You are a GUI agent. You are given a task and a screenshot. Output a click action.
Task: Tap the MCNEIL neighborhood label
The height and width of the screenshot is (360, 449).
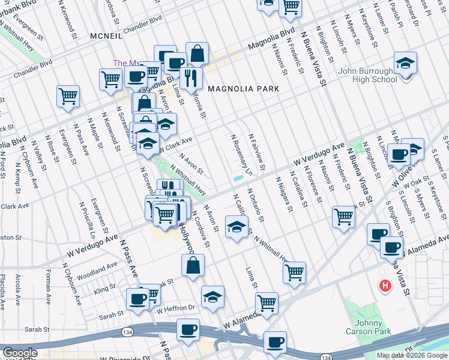click(106, 36)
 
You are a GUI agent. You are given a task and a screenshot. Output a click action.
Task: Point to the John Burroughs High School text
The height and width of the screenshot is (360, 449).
click(359, 75)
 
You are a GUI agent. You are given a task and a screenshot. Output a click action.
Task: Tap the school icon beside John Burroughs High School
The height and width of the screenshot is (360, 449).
click(405, 63)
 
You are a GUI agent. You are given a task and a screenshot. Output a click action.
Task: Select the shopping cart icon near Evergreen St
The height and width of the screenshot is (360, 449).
click(68, 96)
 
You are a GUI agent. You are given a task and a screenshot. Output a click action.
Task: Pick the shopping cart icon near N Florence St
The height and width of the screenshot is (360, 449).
click(344, 217)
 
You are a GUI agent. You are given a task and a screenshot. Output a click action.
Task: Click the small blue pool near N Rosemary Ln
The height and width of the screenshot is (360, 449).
click(238, 178)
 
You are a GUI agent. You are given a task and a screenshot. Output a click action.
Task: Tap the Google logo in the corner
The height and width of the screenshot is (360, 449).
click(20, 353)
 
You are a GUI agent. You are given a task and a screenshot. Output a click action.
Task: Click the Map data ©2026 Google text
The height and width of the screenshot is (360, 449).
click(412, 355)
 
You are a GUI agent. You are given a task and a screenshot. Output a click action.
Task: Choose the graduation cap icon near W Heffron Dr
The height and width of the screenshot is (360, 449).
click(212, 297)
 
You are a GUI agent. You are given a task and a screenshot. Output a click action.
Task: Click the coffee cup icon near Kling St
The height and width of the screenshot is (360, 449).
click(137, 299)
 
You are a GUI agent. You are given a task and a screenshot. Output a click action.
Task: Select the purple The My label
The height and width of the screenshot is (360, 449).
click(127, 63)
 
